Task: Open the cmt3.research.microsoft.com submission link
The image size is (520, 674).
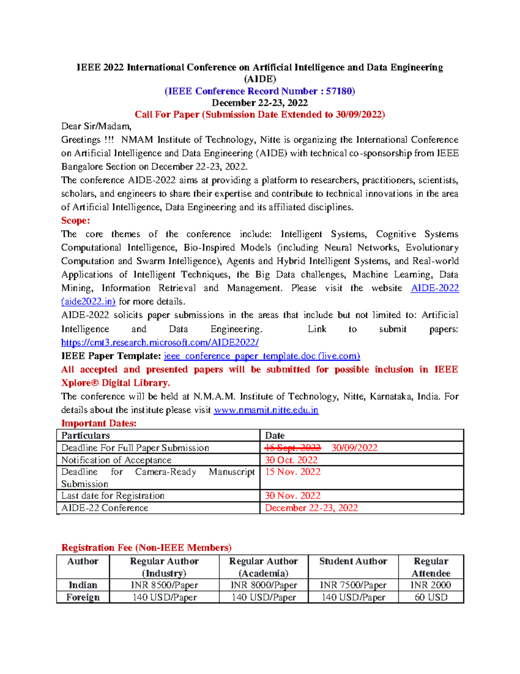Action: (x=159, y=342)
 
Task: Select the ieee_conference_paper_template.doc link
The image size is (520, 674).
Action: (x=262, y=356)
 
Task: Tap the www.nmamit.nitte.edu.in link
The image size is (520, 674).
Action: (x=266, y=410)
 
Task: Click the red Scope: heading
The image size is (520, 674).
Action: (x=75, y=220)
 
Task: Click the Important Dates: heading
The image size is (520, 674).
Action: (x=99, y=424)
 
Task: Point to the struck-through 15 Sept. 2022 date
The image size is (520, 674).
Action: (x=293, y=448)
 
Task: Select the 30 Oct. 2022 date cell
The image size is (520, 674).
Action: (x=291, y=460)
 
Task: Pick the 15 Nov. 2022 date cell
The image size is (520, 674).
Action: (x=293, y=472)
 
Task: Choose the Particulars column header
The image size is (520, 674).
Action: (x=85, y=436)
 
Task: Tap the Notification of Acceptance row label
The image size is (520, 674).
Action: (x=116, y=460)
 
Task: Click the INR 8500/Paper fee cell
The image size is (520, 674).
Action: (x=164, y=585)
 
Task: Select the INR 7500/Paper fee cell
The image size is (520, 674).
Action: (x=353, y=585)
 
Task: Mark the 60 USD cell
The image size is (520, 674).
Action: (x=431, y=597)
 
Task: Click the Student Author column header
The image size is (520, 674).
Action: (x=353, y=561)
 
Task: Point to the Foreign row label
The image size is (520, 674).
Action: (x=83, y=597)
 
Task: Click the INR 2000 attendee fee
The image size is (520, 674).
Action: (x=431, y=585)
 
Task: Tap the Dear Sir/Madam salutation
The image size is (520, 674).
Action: (x=96, y=126)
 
